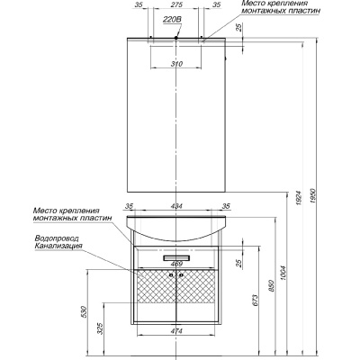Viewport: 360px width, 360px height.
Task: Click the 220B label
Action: pyautogui.click(x=172, y=20)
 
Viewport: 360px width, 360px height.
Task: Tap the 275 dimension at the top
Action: pyautogui.click(x=177, y=4)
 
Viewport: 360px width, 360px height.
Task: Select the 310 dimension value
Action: pyautogui.click(x=177, y=64)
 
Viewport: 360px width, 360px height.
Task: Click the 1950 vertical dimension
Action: pyautogui.click(x=312, y=196)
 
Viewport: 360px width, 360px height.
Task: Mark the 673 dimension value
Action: pyautogui.click(x=256, y=301)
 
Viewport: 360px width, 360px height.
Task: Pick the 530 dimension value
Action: pyautogui.click(x=85, y=312)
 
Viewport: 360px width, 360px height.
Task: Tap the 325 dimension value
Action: pyautogui.click(x=101, y=328)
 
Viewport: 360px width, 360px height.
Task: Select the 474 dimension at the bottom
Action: pyautogui.click(x=176, y=331)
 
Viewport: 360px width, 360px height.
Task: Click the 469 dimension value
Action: pyautogui.click(x=176, y=264)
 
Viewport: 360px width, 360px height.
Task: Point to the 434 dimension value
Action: pyautogui.click(x=176, y=206)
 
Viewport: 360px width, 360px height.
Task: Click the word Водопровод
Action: pyautogui.click(x=57, y=238)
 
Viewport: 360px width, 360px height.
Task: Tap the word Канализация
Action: pyautogui.click(x=58, y=247)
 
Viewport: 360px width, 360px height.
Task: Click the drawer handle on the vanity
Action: pyautogui.click(x=176, y=258)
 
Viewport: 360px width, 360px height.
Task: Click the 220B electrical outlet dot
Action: pyautogui.click(x=176, y=38)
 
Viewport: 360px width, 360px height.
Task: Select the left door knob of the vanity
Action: pyautogui.click(x=171, y=274)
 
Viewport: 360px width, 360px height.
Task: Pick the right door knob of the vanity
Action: pyautogui.click(x=182, y=274)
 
